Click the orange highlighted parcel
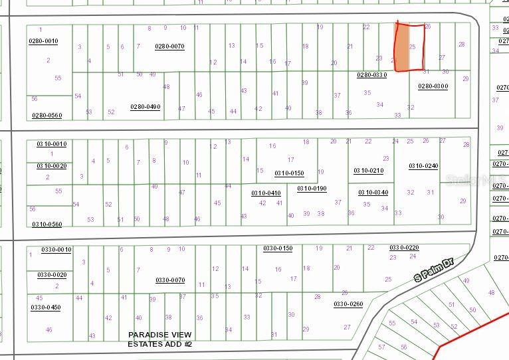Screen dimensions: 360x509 click(x=402, y=48)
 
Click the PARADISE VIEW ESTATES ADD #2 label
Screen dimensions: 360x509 click(x=159, y=339)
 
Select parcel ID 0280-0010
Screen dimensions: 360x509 click(x=43, y=41)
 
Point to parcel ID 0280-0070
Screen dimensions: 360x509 click(x=169, y=46)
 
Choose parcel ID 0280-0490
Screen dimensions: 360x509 click(x=145, y=107)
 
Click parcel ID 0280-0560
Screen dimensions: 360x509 click(x=47, y=116)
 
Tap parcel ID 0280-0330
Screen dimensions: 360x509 click(x=371, y=75)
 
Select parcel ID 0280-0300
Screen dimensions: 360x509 click(x=433, y=86)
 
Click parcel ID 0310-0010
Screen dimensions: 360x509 click(x=51, y=144)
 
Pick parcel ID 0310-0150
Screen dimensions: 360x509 click(x=288, y=173)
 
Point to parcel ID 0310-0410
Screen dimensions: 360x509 click(x=266, y=193)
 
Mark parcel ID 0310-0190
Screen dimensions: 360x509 click(x=312, y=189)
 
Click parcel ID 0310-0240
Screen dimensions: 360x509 click(x=423, y=166)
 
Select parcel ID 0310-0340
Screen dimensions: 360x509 click(x=373, y=193)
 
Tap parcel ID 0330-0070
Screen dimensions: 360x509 click(x=170, y=280)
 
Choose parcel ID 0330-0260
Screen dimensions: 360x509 click(x=348, y=304)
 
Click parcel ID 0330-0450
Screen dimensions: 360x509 click(x=45, y=308)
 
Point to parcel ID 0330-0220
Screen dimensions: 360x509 click(x=404, y=248)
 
